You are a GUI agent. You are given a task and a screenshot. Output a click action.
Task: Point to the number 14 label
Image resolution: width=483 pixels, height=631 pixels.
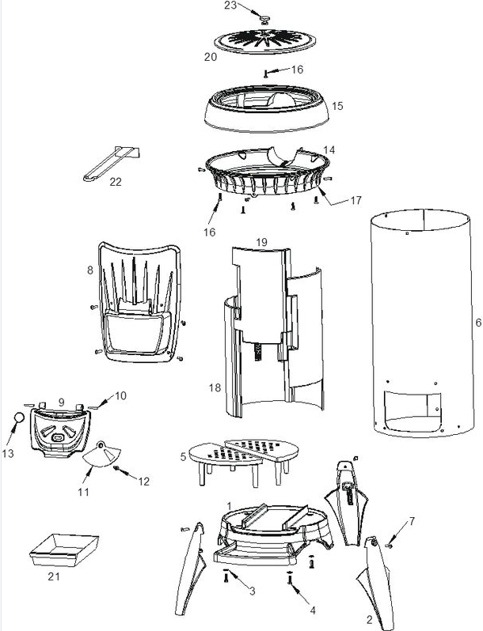[x=329, y=149]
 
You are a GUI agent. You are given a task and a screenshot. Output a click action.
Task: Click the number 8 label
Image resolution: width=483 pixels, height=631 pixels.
[x=90, y=271]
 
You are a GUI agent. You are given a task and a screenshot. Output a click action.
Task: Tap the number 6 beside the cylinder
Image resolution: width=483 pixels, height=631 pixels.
[x=477, y=323]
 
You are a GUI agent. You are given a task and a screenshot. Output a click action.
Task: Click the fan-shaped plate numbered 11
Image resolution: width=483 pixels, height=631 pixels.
[x=104, y=457]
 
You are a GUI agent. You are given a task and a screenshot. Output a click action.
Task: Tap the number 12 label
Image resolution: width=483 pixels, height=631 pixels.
[x=144, y=480]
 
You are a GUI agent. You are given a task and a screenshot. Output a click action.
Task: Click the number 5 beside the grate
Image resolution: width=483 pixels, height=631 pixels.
[x=183, y=456]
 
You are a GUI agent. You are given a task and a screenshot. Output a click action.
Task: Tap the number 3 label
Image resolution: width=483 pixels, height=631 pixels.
[x=252, y=591]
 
